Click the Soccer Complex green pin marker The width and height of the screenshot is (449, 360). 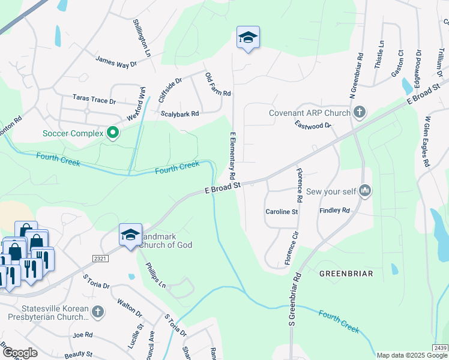(112, 132)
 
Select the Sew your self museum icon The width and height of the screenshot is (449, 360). (364, 191)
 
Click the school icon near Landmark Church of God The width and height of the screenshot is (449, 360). (130, 235)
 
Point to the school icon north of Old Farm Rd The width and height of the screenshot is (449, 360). (248, 37)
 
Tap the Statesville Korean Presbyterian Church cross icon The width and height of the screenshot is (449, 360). (98, 311)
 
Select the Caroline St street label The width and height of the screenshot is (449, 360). (282, 212)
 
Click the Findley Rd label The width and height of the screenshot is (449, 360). (335, 211)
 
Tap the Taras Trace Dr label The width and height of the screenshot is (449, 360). (94, 97)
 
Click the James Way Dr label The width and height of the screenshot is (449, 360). (116, 61)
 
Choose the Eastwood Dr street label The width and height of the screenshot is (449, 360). (313, 125)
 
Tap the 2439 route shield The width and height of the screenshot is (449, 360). (440, 348)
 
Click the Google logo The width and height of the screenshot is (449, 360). (20, 353)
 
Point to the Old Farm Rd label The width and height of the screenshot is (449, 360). (218, 85)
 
